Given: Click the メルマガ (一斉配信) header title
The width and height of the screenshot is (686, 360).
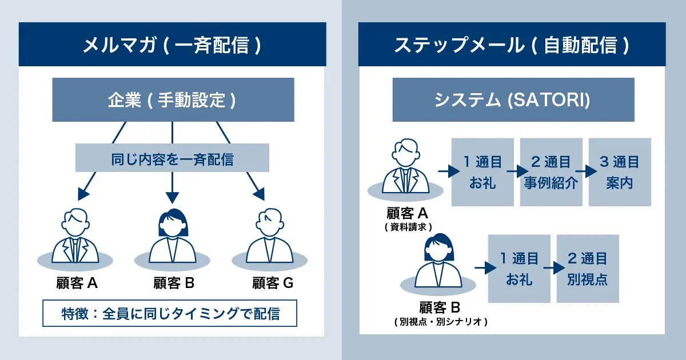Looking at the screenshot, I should pyautogui.click(x=172, y=45).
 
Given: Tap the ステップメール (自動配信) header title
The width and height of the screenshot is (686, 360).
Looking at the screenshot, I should pyautogui.click(x=512, y=45).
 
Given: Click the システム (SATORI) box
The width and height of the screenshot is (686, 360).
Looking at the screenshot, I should pyautogui.click(x=513, y=101).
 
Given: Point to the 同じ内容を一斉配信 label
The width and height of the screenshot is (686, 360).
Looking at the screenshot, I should pyautogui.click(x=172, y=158).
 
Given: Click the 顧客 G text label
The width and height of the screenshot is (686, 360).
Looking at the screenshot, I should pyautogui.click(x=273, y=283).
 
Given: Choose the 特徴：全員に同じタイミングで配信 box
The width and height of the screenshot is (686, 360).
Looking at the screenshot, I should pyautogui.click(x=170, y=313).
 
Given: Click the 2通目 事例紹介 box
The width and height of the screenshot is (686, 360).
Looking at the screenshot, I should pyautogui.click(x=551, y=172).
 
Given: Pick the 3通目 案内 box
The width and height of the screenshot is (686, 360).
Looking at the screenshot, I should pyautogui.click(x=620, y=172).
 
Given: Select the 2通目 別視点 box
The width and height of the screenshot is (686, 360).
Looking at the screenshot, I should pyautogui.click(x=588, y=269).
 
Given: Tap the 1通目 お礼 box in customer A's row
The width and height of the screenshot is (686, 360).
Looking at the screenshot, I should pyautogui.click(x=482, y=172).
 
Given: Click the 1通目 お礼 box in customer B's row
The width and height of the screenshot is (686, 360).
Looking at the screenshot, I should pyautogui.click(x=519, y=269).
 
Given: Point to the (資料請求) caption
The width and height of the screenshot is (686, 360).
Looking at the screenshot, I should pyautogui.click(x=408, y=227).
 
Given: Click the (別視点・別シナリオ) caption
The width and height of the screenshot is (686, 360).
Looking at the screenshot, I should pyautogui.click(x=440, y=322).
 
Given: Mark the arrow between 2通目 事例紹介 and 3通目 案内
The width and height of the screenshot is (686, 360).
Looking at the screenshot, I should pyautogui.click(x=585, y=171).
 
